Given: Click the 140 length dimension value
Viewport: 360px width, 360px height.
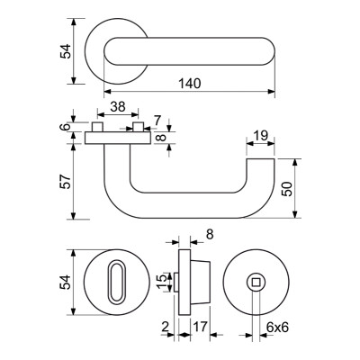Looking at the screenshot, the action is pyautogui.click(x=190, y=84).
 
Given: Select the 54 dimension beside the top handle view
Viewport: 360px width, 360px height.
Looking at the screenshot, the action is pyautogui.click(x=66, y=51).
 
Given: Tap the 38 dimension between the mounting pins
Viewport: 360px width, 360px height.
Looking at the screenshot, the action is pyautogui.click(x=118, y=106).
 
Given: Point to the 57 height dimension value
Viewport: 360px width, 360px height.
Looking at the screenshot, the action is pyautogui.click(x=66, y=181).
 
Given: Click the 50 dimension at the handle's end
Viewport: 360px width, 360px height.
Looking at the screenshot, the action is pyautogui.click(x=287, y=189).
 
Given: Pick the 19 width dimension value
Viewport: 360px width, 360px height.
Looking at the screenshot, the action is pyautogui.click(x=260, y=136).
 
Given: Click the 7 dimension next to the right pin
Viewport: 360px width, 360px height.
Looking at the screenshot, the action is pyautogui.click(x=157, y=121).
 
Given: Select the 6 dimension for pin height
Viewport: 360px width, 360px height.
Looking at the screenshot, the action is pyautogui.click(x=66, y=126).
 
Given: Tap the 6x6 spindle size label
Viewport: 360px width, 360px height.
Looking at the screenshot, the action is pyautogui.click(x=277, y=328).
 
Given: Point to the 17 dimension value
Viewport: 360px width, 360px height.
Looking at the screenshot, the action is pyautogui.click(x=200, y=327).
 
